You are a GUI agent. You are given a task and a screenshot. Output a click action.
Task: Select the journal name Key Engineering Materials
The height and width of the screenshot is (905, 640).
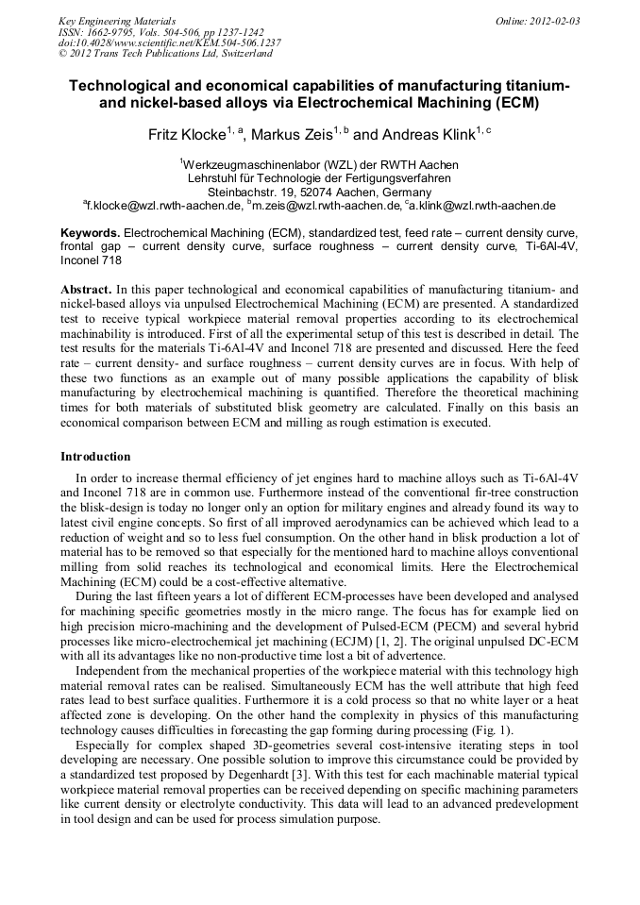click(x=117, y=20)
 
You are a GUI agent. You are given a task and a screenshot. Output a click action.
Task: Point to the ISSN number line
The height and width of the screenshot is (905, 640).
click(x=160, y=31)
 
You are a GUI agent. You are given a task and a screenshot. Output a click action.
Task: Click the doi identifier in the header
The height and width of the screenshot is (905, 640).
click(x=170, y=42)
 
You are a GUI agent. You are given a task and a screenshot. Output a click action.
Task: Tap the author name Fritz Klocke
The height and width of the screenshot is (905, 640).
click(x=187, y=135)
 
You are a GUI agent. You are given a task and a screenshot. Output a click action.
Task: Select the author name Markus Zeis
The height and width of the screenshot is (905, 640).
click(x=291, y=135)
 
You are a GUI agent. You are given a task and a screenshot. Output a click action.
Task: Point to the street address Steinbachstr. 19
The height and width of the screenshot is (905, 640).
click(x=261, y=192)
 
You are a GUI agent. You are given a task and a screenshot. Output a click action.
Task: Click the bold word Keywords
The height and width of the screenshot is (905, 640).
click(x=91, y=232)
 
